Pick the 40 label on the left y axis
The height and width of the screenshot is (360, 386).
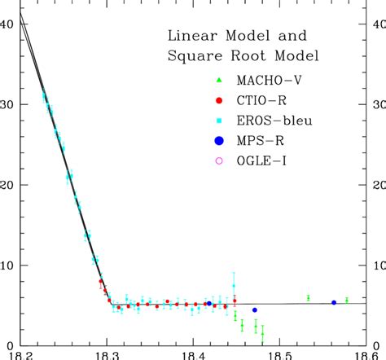click(x=8, y=24)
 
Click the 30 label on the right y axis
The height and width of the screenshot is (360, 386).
click(x=378, y=105)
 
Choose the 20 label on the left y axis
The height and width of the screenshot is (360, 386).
click(x=8, y=185)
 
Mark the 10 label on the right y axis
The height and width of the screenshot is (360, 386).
click(x=378, y=266)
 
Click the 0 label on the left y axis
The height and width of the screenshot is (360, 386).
click(x=11, y=345)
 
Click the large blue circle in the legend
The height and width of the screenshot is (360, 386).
click(x=217, y=141)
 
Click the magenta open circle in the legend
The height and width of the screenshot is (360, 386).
click(x=217, y=161)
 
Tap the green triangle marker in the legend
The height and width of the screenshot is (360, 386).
click(x=217, y=79)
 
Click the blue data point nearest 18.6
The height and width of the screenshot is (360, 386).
click(x=334, y=302)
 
